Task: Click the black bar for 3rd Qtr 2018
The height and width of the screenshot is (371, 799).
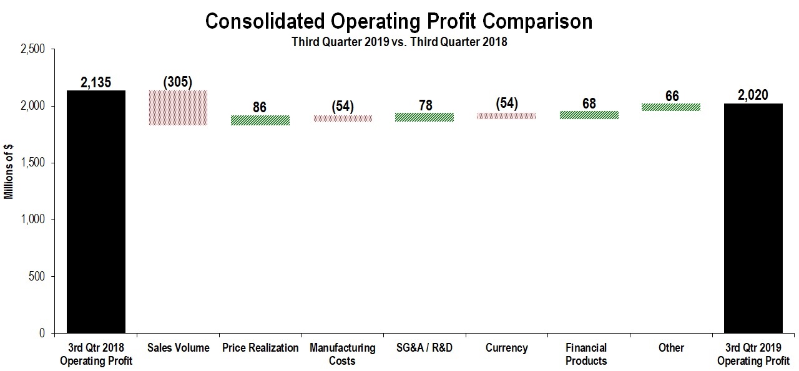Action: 96,212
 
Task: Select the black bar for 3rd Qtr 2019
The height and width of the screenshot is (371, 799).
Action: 753,218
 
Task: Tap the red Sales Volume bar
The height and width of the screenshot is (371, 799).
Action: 178,108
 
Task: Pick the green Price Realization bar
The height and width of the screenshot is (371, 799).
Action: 260,120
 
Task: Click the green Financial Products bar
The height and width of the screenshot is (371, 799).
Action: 589,115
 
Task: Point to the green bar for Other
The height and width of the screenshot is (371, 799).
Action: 671,107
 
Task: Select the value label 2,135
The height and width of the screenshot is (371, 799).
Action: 96,82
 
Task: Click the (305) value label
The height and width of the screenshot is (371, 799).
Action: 178,82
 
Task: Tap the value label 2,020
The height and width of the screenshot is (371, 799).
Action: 752,95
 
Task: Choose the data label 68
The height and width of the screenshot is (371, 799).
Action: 589,102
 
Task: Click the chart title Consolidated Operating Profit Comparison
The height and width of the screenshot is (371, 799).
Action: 398,22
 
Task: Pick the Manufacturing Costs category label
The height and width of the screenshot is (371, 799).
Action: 342,354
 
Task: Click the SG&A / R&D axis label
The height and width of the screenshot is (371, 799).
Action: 424,348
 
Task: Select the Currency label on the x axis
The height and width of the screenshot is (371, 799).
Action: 506,348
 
